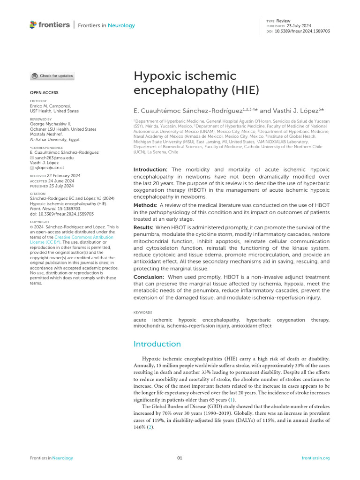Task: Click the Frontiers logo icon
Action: coord(33,24)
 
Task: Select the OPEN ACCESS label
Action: coord(44,93)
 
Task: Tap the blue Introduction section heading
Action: coord(157,344)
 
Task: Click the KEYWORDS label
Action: coord(142,312)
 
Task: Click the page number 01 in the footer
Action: coord(180,458)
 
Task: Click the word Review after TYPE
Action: coord(283,21)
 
